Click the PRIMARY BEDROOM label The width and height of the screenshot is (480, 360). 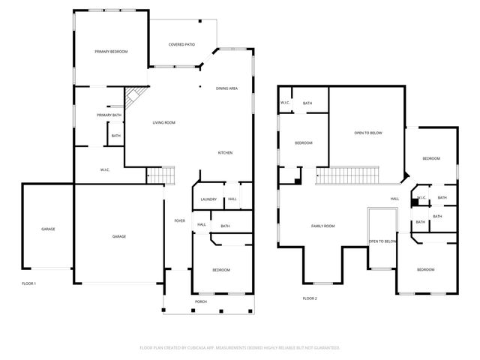point(111,52)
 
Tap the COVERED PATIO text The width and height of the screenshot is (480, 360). point(181,44)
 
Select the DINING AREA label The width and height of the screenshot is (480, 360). point(227,88)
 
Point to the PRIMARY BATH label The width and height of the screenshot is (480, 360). point(109,115)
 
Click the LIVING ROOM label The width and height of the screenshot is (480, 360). point(163,122)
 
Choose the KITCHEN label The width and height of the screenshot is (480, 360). point(225,153)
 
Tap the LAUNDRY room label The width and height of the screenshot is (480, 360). point(208,199)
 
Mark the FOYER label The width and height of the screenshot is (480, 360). point(180,220)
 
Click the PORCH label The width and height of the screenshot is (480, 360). point(201,301)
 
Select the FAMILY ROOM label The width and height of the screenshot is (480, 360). point(323,226)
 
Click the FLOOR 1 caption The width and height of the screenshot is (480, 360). point(28,283)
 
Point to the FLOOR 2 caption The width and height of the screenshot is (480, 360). point(310,298)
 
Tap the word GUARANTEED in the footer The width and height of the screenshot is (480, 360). point(325,347)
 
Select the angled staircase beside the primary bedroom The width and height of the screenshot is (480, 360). point(135,96)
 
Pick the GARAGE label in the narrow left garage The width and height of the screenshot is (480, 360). point(48,229)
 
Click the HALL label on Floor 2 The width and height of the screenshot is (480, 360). point(394,199)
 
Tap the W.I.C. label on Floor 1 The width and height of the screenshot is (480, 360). point(106,169)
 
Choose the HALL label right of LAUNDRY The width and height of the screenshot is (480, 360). point(232,199)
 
